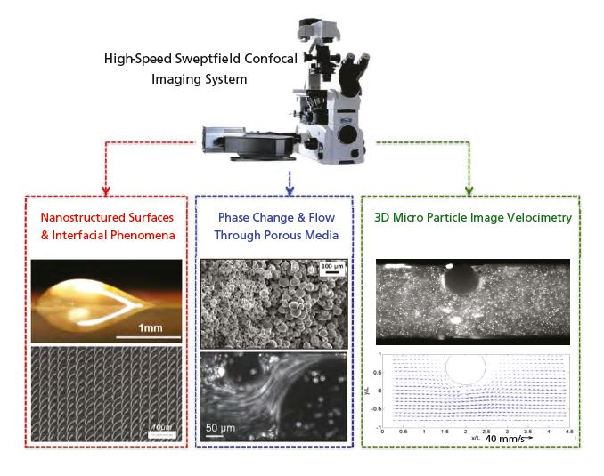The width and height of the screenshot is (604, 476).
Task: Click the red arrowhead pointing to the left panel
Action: [105, 189]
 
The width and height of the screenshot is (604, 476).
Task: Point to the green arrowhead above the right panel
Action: [469, 189]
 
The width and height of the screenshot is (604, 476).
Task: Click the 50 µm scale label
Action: [224, 426]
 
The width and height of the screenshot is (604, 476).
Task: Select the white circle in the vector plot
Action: [464, 367]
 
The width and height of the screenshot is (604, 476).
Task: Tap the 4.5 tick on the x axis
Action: [567, 431]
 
